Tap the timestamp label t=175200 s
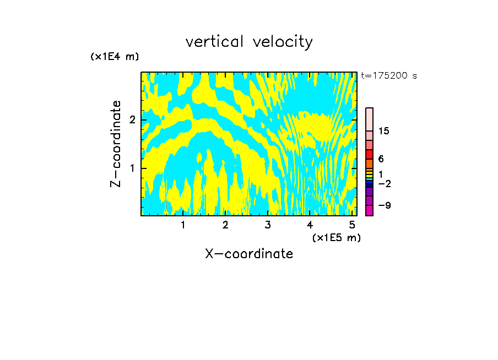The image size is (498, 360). pos(389,76)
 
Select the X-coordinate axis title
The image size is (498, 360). pos(249,254)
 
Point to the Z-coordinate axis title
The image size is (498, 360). pos(116,144)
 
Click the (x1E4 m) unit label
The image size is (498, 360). pos(115,57)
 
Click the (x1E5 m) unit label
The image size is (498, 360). pos(336,237)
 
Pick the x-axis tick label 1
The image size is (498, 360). pos(183,225)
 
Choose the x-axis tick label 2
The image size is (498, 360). pos(225,225)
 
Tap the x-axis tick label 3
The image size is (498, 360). pos(268,225)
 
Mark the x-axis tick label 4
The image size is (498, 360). pos(310,225)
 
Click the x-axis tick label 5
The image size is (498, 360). pos(352,225)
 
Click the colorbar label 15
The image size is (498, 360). pos(384,131)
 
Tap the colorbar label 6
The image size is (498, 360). pos(381,159)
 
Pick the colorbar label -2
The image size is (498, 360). pos(384,184)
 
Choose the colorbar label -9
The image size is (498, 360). pos(384,205)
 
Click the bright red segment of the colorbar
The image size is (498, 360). pos(369,154)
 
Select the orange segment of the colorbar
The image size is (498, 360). pos(369,163)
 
